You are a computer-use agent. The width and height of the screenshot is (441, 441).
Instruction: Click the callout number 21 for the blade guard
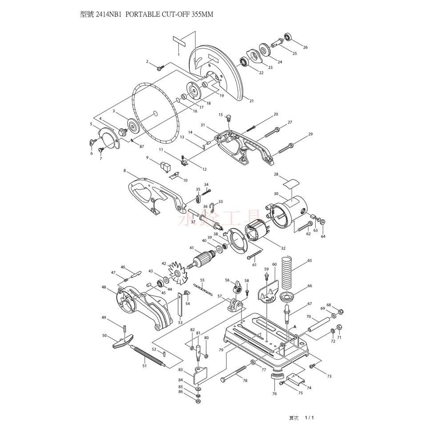[x=252, y=101]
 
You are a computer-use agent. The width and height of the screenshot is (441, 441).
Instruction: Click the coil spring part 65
[x=287, y=271]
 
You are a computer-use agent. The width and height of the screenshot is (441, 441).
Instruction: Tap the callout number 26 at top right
[x=305, y=47]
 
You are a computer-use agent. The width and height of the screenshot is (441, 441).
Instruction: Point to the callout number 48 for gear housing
[x=104, y=287]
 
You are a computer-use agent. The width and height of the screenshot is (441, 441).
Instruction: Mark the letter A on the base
[x=294, y=326]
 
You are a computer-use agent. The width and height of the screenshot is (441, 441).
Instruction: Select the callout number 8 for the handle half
[x=125, y=170]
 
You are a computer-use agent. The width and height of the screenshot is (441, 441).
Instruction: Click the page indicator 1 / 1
[x=309, y=418]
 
